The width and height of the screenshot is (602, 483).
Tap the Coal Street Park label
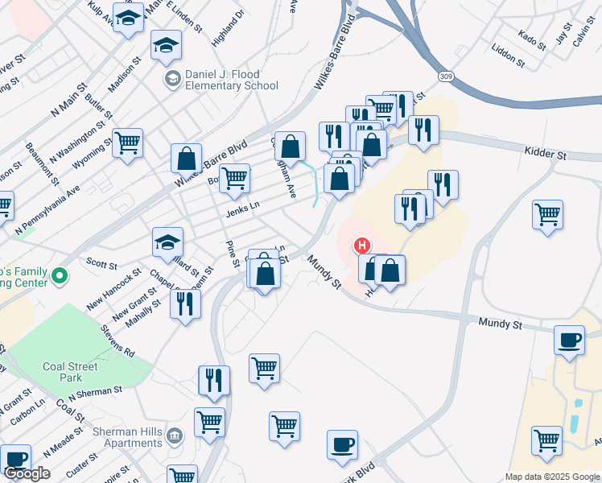pyautogui.click(x=71, y=372)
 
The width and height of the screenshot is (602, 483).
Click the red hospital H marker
pyautogui.click(x=362, y=246)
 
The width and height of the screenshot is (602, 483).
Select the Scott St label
pyautogui.click(x=101, y=263)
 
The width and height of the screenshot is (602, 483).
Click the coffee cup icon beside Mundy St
pyautogui.click(x=570, y=340)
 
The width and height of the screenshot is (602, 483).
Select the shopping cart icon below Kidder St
pyautogui.click(x=547, y=215)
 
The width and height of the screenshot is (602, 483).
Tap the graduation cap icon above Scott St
pyautogui.click(x=168, y=242)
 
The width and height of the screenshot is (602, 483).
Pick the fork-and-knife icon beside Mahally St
pyautogui.click(x=187, y=303)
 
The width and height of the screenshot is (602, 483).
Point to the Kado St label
pyautogui.click(x=533, y=37)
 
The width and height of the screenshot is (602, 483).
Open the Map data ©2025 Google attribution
pyautogui.click(x=552, y=477)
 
